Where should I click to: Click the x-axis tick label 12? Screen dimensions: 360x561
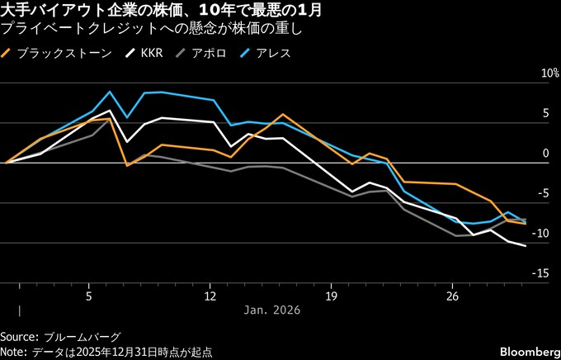[210, 295]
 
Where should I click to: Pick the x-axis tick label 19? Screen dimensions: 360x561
[331, 295]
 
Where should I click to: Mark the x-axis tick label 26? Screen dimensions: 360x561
[452, 295]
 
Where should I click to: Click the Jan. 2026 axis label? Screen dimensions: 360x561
[272, 310]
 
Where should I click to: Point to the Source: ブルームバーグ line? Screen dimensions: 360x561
[60, 337]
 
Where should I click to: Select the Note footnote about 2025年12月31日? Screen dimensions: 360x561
[106, 351]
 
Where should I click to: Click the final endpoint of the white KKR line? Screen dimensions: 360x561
[526, 246]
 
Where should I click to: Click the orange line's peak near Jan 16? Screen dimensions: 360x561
[283, 115]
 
